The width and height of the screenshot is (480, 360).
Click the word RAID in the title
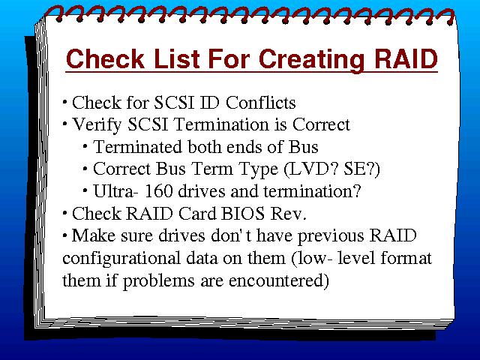pyautogui.click(x=406, y=58)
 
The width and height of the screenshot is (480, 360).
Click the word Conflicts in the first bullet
pyautogui.click(x=261, y=102)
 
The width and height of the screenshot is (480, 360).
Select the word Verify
pyautogui.click(x=97, y=125)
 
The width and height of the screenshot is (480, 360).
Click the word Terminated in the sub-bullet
pyautogui.click(x=138, y=147)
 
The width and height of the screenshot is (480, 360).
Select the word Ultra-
pyautogui.click(x=115, y=191)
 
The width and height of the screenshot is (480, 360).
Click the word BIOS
pyautogui.click(x=242, y=213)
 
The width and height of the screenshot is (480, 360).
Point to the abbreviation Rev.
pyautogui.click(x=288, y=213)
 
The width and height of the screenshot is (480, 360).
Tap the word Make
pyautogui.click(x=94, y=235)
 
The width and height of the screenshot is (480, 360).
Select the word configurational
pyautogui.click(x=121, y=259)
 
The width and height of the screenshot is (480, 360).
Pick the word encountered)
pyautogui.click(x=279, y=280)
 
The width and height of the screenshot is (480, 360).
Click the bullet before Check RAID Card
pyautogui.click(x=64, y=212)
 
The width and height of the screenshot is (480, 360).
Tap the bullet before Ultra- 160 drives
pyautogui.click(x=85, y=190)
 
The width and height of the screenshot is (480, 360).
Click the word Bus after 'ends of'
pyautogui.click(x=303, y=147)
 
